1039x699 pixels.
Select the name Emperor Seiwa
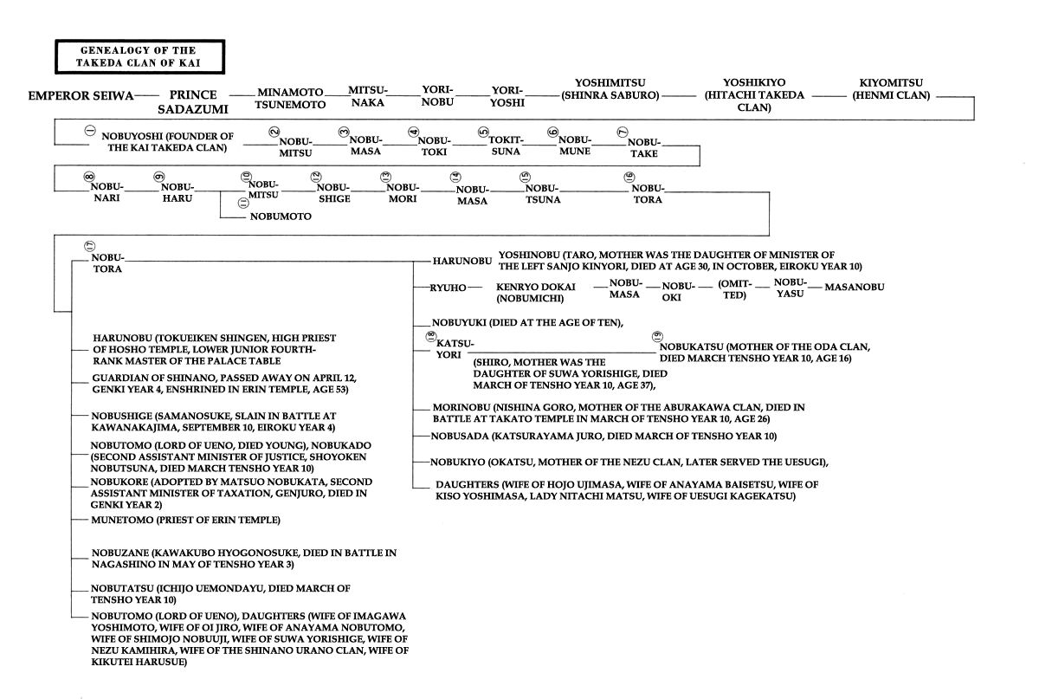81,96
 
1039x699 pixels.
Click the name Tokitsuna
506,146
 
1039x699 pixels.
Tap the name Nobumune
574,146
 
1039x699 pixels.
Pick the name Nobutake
643,148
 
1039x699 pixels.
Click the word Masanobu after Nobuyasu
855,288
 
